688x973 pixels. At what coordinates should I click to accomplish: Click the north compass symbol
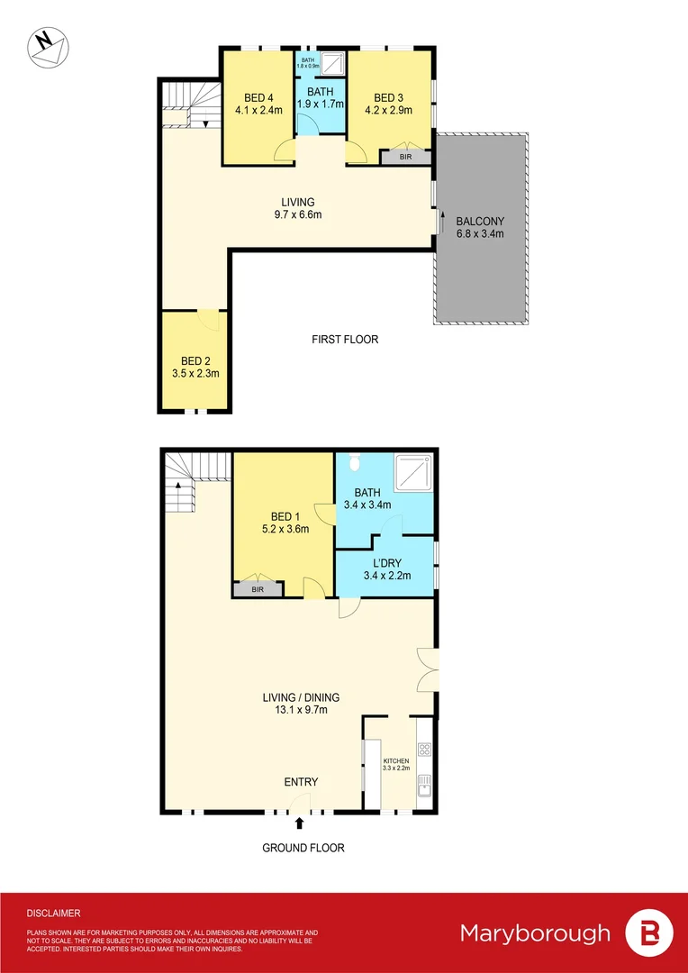coord(47,46)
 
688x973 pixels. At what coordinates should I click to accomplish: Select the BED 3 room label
coord(392,105)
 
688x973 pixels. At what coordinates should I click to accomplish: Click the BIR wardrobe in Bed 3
coord(405,157)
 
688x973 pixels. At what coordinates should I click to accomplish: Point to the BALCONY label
coord(480,227)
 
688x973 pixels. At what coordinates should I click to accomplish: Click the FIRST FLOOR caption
coord(345,340)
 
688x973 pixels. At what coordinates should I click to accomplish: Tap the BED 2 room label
coord(195,366)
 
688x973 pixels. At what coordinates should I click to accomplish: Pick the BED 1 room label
coord(285,523)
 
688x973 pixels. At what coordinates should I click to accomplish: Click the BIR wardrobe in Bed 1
coord(258,589)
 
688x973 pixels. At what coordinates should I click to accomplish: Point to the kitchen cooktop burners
coord(425,749)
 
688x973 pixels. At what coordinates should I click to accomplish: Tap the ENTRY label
coord(301,782)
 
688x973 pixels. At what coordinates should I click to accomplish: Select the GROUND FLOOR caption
coord(303,848)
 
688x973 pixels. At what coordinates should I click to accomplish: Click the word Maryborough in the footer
coord(535,932)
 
